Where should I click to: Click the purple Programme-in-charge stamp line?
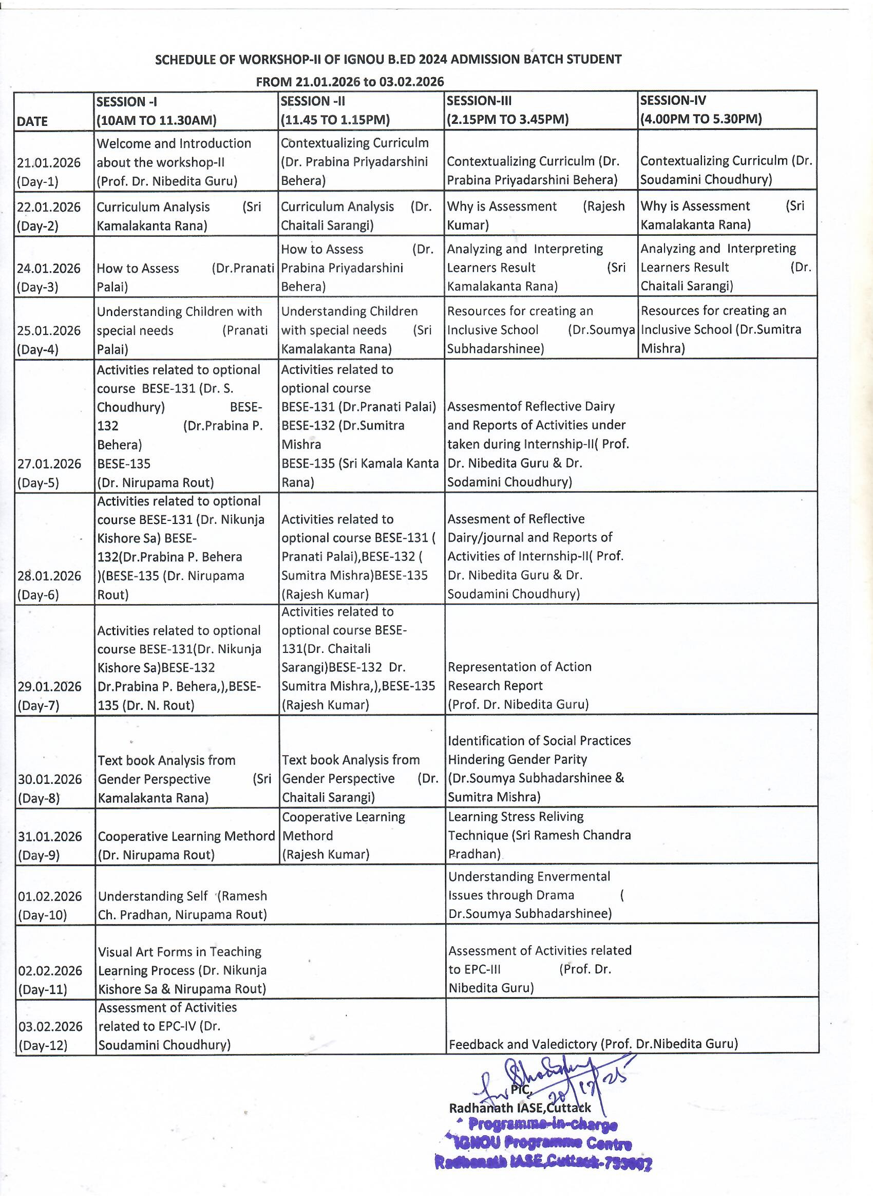[x=543, y=1125]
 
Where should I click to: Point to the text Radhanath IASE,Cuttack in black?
[x=520, y=1108]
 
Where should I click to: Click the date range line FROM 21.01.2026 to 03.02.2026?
[x=349, y=82]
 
